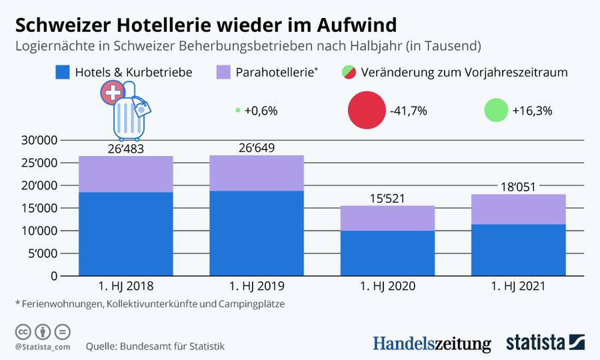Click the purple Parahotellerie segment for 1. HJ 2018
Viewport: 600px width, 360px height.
pyautogui.click(x=126, y=174)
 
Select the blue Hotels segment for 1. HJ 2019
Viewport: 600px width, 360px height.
pyautogui.click(x=257, y=233)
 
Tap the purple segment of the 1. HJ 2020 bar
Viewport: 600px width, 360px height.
pyautogui.click(x=387, y=218)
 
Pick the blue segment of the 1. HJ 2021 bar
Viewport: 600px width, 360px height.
pyautogui.click(x=519, y=250)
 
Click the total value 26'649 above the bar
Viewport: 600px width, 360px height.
pyautogui.click(x=257, y=148)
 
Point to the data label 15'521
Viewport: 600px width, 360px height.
pyautogui.click(x=387, y=198)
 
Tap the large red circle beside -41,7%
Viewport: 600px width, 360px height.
pyautogui.click(x=367, y=111)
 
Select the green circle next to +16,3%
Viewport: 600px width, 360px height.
pyautogui.click(x=496, y=111)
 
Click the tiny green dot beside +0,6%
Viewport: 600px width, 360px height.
pyautogui.click(x=238, y=111)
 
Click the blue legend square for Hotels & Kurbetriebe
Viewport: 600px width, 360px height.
pyautogui.click(x=62, y=72)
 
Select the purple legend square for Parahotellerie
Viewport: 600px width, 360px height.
pyautogui.click(x=224, y=72)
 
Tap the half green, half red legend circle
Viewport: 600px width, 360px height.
pyautogui.click(x=348, y=72)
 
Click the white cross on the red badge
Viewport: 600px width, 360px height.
pyautogui.click(x=111, y=94)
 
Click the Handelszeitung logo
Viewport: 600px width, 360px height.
pyautogui.click(x=431, y=343)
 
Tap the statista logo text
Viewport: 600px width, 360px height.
pyautogui.click(x=535, y=343)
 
